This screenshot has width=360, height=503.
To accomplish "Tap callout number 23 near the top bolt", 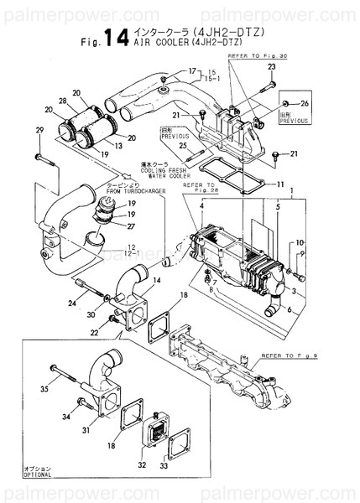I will (272, 66).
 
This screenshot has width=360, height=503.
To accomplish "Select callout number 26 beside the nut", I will (305, 103).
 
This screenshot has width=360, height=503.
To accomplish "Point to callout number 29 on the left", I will (39, 130).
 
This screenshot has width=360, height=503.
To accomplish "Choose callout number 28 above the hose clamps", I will (63, 101).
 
